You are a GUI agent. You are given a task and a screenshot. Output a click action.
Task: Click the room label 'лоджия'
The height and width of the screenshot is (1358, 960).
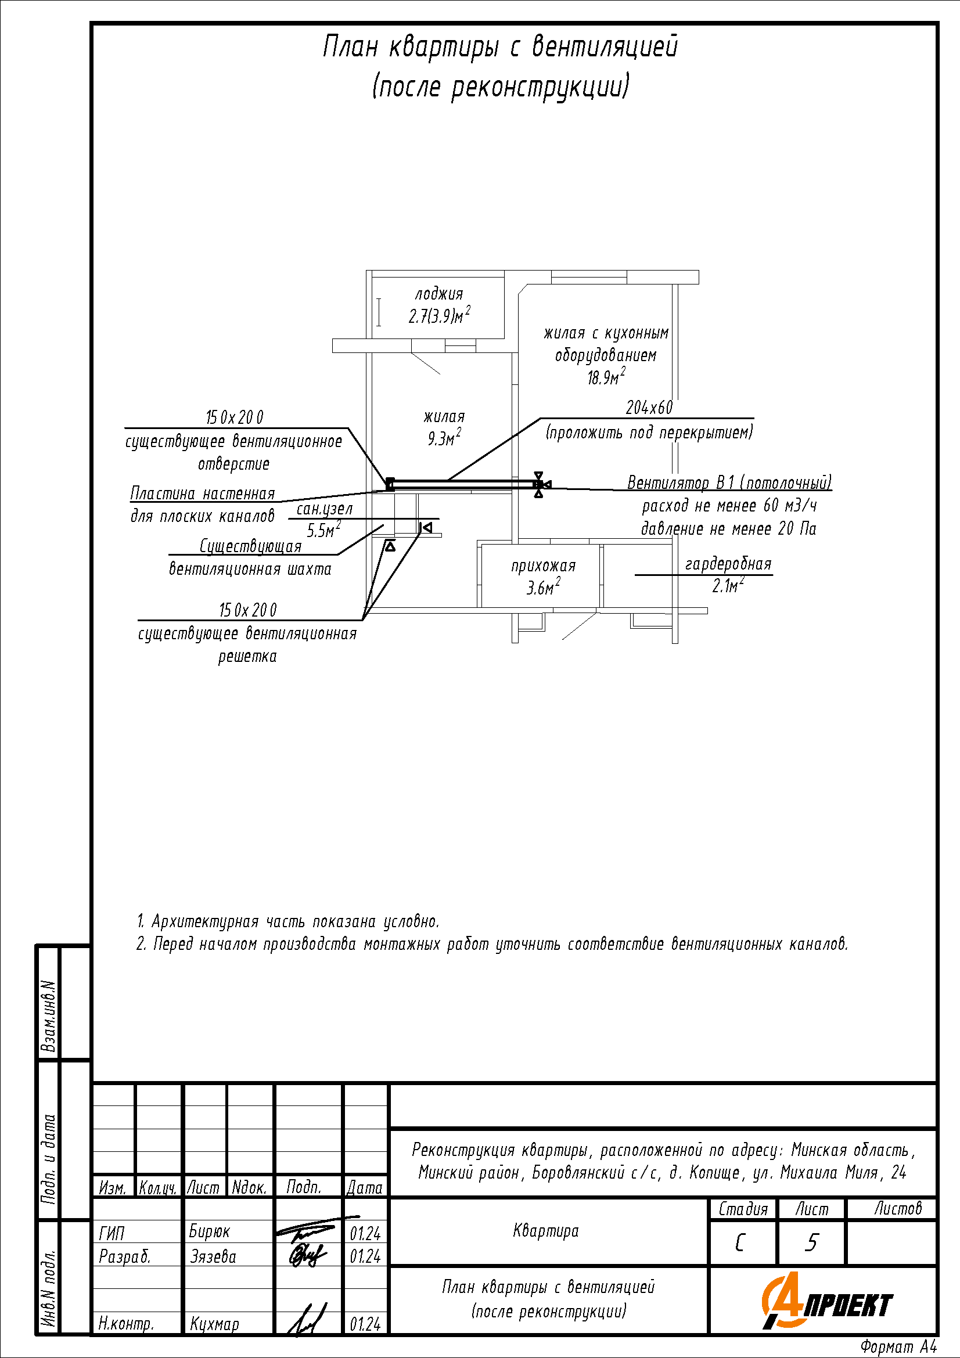point(439,294)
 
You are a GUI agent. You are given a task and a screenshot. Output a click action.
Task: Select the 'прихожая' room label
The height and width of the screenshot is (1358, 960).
point(543,566)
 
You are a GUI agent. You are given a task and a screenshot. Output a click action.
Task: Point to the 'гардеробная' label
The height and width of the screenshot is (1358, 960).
point(728,564)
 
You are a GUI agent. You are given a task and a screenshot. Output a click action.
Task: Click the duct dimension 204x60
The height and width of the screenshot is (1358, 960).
point(649,408)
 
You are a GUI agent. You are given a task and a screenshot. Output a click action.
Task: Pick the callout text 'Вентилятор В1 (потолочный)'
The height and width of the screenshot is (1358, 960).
point(729,482)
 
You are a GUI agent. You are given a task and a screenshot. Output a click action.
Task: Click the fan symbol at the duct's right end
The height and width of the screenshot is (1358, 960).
point(539,484)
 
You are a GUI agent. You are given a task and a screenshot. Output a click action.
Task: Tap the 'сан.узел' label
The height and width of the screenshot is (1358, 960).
point(324,509)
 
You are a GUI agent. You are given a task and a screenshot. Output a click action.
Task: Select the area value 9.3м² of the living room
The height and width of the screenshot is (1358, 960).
point(444,438)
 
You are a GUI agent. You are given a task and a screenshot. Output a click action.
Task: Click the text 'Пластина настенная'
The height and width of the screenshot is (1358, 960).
point(202,494)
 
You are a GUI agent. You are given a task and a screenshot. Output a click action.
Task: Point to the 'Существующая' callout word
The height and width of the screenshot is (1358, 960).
point(250,545)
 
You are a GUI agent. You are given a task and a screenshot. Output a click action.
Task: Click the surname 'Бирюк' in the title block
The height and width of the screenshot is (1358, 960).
point(210,1231)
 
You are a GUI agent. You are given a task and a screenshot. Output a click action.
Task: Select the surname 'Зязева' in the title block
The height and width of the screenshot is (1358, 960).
point(213,1256)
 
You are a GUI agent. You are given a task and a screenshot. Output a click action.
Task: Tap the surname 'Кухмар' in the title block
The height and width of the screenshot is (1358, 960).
point(214,1324)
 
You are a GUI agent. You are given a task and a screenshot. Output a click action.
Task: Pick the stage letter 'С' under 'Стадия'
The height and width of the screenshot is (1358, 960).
point(739,1243)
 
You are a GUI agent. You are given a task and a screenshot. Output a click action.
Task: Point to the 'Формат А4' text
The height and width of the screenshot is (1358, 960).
point(898,1347)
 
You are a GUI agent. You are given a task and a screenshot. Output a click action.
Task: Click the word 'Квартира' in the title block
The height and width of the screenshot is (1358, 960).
point(545,1231)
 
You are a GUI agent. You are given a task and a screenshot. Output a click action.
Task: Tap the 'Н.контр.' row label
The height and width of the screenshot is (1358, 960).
point(126,1323)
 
